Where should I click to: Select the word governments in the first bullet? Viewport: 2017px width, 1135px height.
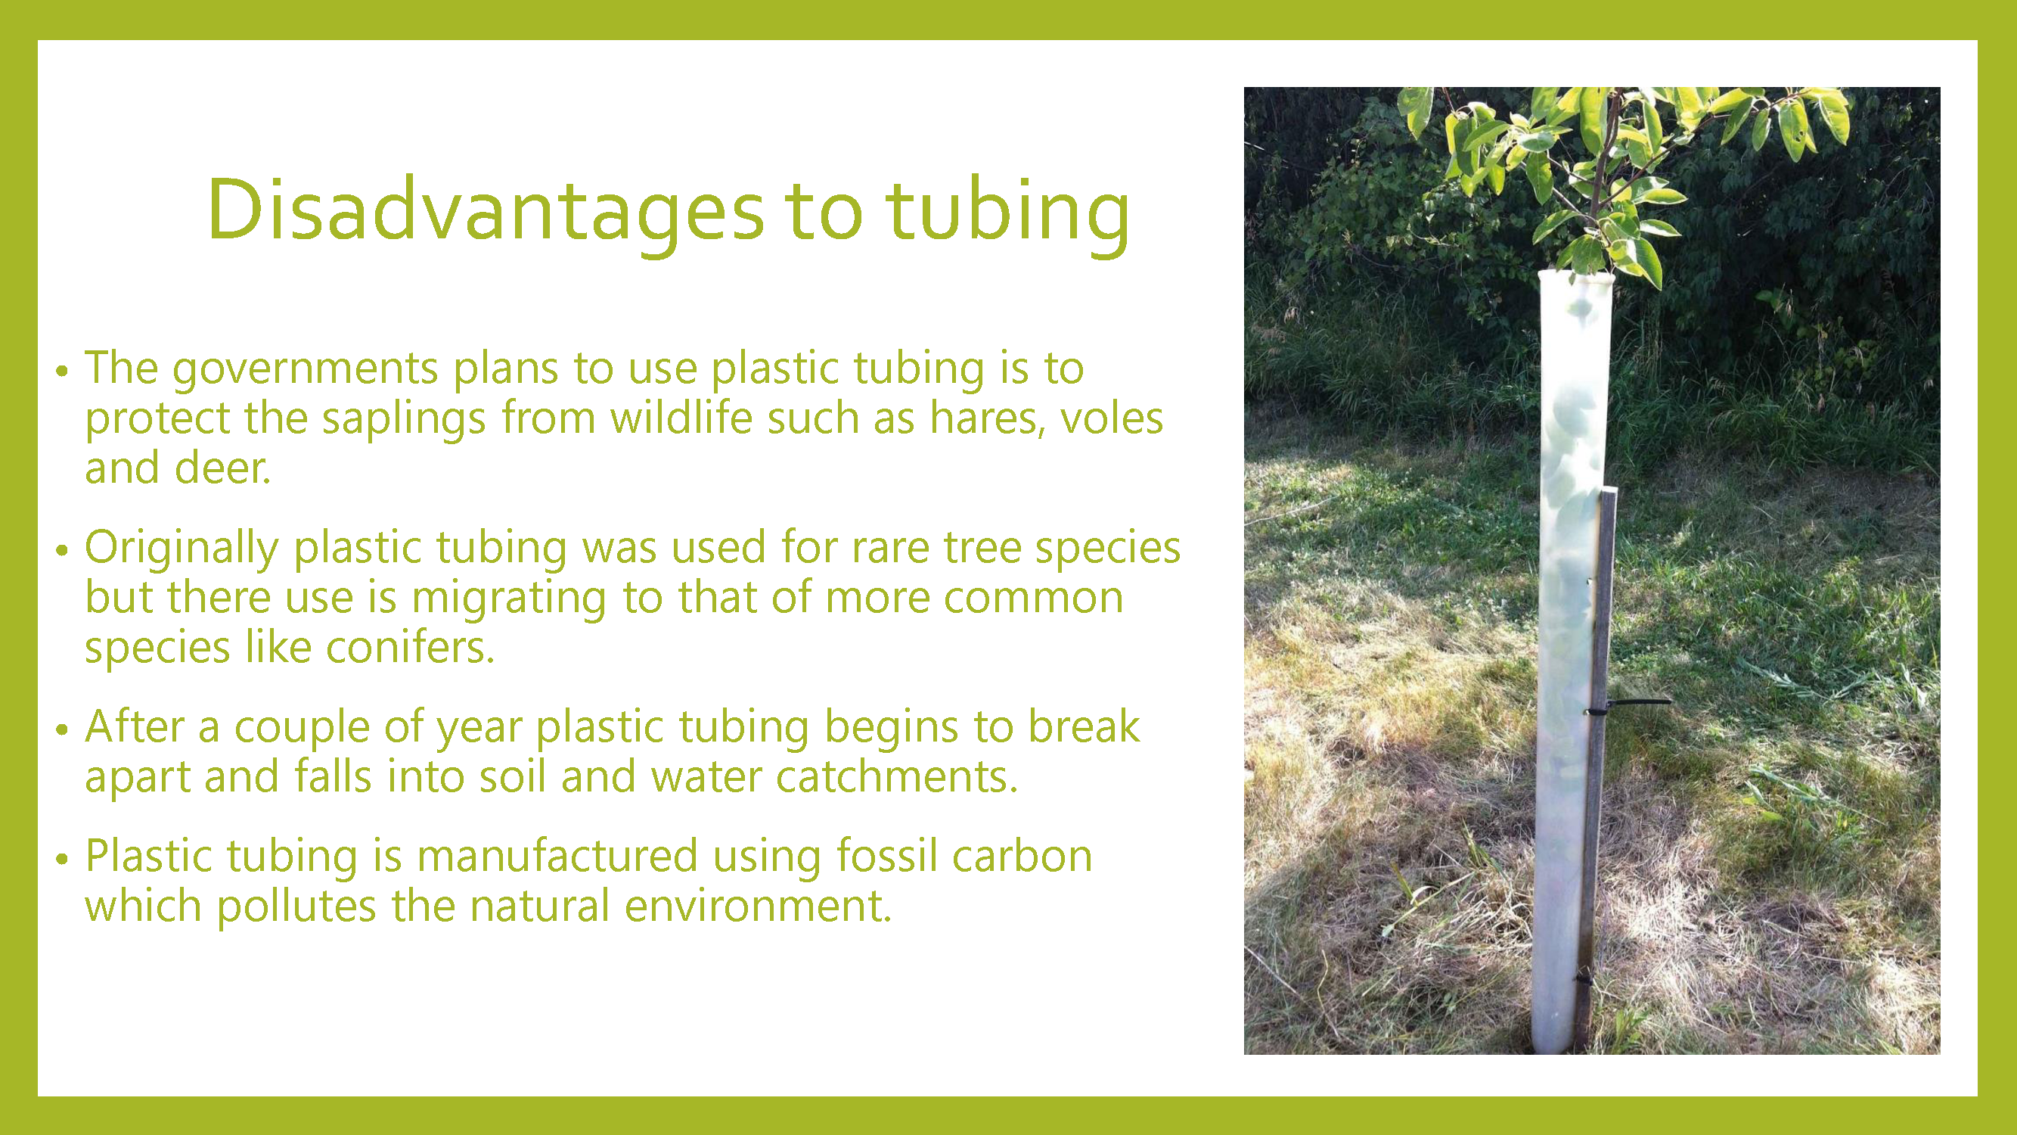[x=306, y=370]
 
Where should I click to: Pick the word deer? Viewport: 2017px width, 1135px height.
[x=222, y=468]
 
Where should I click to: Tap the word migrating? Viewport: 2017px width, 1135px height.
[x=509, y=599]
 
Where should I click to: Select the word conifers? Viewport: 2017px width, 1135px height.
[x=411, y=648]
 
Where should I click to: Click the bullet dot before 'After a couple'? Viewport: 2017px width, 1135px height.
[x=63, y=730]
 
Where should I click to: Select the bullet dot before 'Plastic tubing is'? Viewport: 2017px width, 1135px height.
[x=63, y=860]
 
